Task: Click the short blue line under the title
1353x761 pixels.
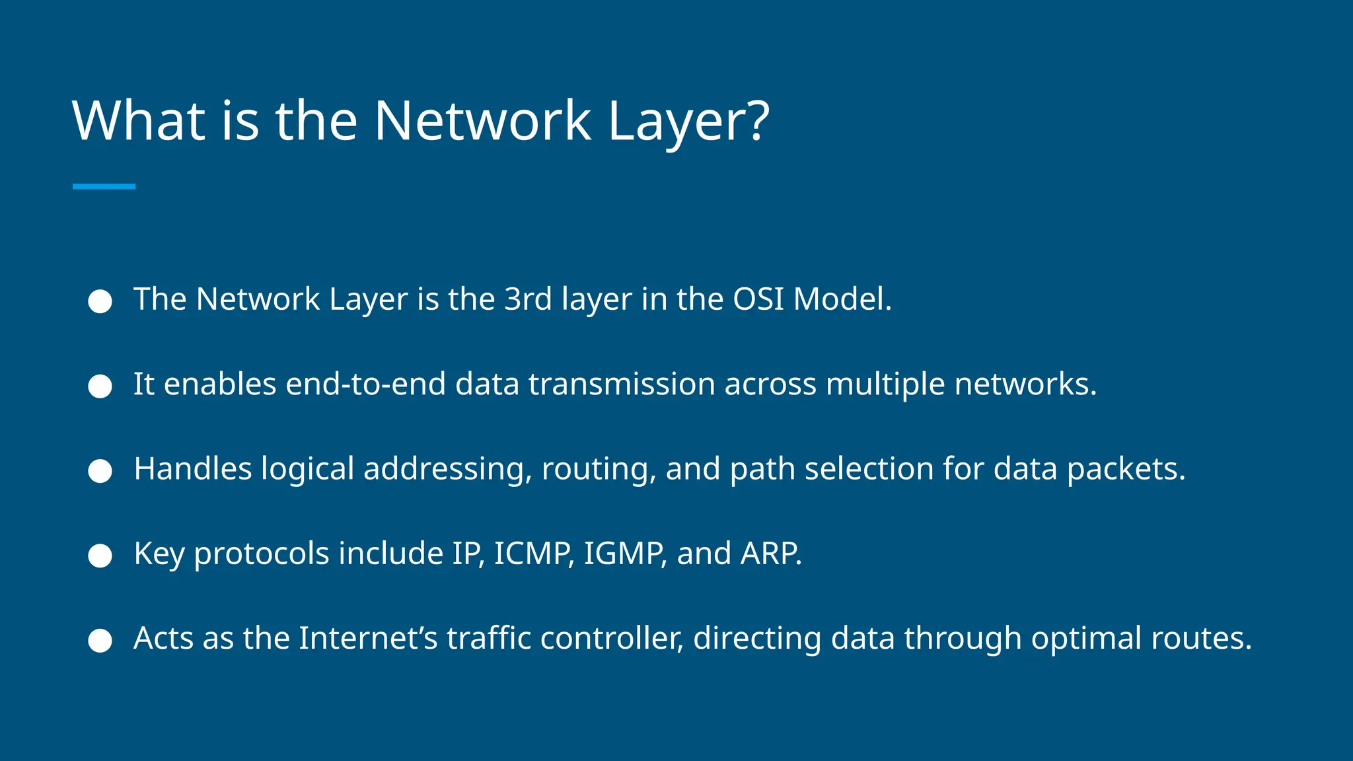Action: coord(104,186)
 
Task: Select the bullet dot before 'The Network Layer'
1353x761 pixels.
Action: coord(100,301)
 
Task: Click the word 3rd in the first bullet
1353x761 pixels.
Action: coord(528,299)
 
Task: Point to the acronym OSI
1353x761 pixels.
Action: coord(758,299)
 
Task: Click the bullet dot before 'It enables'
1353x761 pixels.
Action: coord(100,386)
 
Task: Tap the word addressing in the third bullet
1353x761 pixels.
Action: coord(446,470)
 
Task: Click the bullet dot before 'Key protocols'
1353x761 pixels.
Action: coord(100,556)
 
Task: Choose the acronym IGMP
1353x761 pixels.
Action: coord(624,554)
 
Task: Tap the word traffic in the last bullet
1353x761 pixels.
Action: coord(489,638)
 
